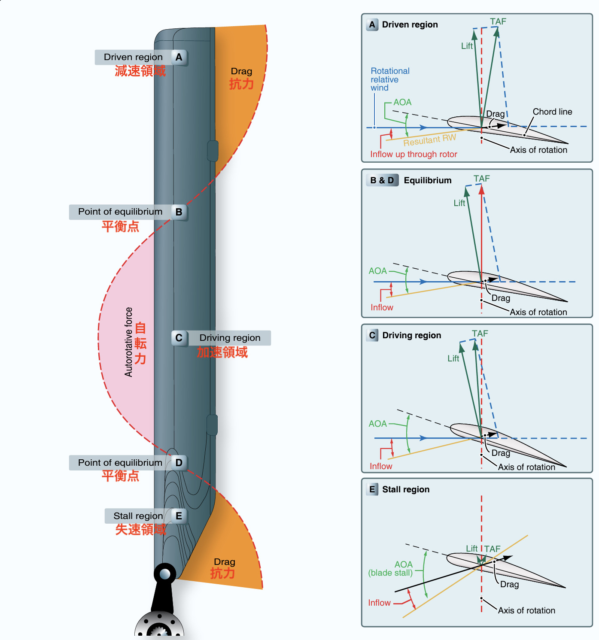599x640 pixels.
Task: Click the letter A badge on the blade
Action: click(179, 57)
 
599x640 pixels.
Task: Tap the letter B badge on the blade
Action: click(179, 212)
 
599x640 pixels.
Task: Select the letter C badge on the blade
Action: click(179, 338)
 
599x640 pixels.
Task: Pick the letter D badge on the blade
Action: click(179, 463)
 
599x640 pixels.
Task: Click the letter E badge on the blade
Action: click(179, 516)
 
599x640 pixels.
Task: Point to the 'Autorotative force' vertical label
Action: click(128, 342)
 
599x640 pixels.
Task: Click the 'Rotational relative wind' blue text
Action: click(389, 79)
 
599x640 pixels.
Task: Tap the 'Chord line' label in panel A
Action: click(552, 112)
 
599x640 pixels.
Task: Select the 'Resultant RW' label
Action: click(429, 140)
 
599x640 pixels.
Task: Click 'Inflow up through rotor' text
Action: click(414, 154)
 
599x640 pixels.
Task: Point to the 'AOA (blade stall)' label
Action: click(391, 569)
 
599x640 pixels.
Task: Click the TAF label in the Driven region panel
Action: click(498, 21)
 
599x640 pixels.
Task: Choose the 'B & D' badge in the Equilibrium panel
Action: click(382, 180)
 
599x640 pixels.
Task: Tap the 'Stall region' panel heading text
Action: click(406, 489)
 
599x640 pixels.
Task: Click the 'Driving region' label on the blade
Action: click(230, 338)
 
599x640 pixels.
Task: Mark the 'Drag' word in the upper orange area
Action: click(241, 71)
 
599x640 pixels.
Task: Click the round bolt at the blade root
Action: click(165, 573)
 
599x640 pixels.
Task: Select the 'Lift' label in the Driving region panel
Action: click(453, 358)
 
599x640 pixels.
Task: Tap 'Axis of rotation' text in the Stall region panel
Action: click(526, 610)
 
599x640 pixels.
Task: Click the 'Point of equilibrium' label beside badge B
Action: click(120, 212)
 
